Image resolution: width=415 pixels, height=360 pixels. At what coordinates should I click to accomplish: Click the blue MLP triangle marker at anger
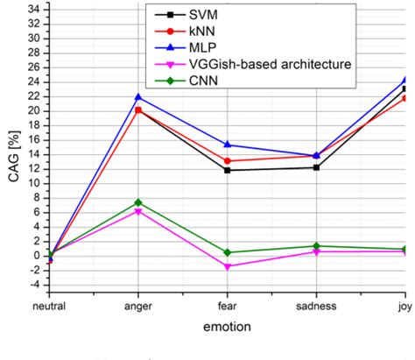coord(137,96)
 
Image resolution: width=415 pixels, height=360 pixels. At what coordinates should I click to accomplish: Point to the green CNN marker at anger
coord(137,202)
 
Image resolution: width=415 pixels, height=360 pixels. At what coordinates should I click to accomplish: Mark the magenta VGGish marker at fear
coord(228,266)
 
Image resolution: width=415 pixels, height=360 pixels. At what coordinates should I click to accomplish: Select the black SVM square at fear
coord(228,170)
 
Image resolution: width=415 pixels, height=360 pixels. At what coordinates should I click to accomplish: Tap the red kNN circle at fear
coord(228,160)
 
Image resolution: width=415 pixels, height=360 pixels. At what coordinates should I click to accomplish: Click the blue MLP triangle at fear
coord(228,145)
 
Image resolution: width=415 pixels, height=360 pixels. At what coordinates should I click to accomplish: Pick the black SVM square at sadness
coord(316,167)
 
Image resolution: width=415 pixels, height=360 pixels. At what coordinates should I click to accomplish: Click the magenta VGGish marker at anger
coord(137,211)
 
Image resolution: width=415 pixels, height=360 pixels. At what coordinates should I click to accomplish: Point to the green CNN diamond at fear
coord(228,252)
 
